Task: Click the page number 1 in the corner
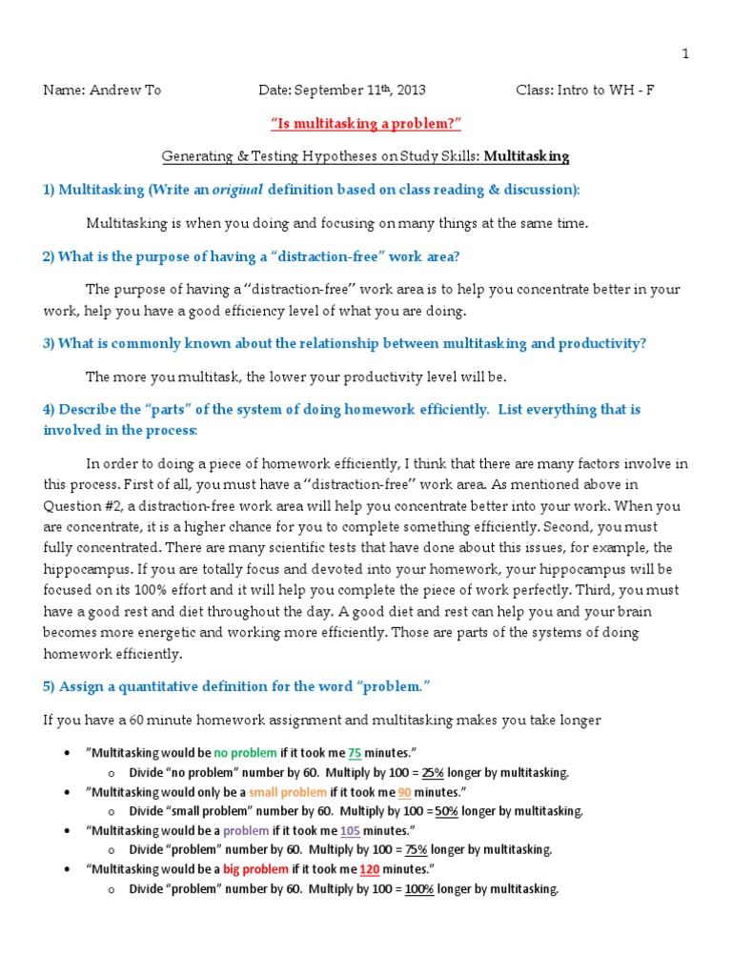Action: pyautogui.click(x=684, y=54)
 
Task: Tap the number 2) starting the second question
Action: pyautogui.click(x=49, y=255)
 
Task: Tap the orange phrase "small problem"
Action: pyautogui.click(x=288, y=792)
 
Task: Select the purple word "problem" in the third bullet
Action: pyautogui.click(x=246, y=831)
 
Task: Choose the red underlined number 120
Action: pyautogui.click(x=373, y=869)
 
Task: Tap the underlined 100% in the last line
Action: pyautogui.click(x=418, y=889)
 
